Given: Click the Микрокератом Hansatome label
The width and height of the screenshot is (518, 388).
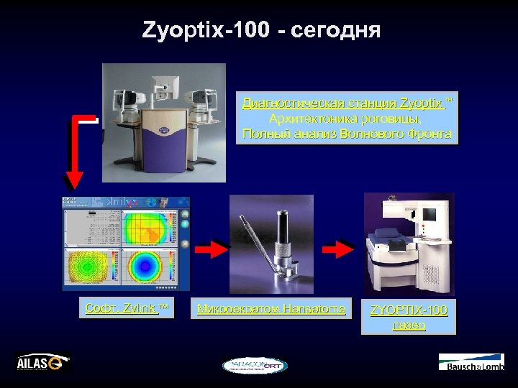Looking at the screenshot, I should [x=271, y=309].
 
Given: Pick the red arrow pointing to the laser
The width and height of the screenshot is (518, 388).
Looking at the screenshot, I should [x=338, y=249].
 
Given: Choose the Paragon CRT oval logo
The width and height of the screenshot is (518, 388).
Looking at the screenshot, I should [x=254, y=366].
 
